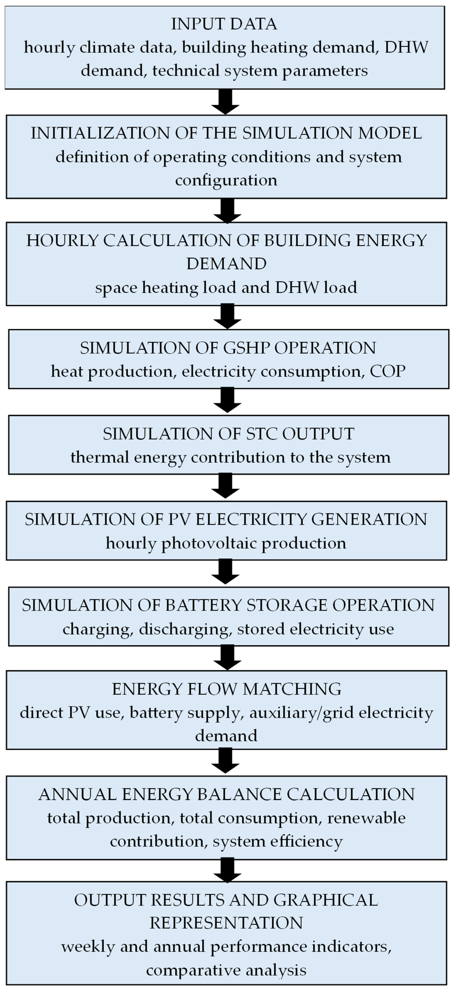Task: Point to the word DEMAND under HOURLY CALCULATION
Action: [226, 264]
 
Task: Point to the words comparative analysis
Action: [226, 970]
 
